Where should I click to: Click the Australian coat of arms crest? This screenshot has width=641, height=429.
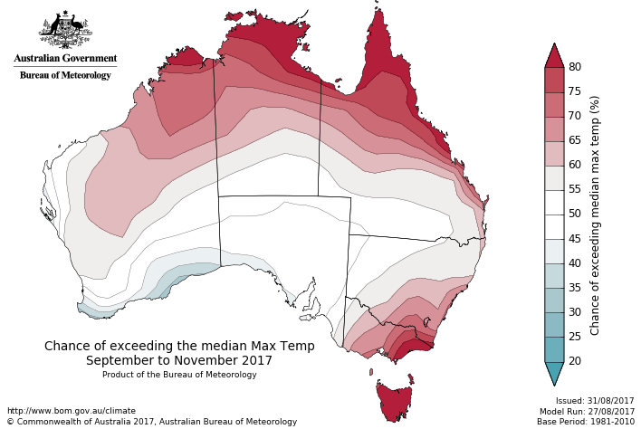point(65,29)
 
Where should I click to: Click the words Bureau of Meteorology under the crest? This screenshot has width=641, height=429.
point(65,75)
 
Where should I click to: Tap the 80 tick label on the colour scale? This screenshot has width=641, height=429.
point(574,67)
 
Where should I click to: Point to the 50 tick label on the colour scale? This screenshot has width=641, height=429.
point(574,214)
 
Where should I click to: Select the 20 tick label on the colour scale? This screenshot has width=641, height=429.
point(574,361)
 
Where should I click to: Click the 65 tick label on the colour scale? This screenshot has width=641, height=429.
point(574,140)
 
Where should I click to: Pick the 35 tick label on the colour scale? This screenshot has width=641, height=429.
point(574,288)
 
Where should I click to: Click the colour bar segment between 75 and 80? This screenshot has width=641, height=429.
point(554,80)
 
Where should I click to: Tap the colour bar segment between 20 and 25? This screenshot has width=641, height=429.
point(554,348)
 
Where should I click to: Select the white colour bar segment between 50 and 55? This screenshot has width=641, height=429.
point(554,202)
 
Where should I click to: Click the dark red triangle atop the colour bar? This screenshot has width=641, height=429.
point(554,56)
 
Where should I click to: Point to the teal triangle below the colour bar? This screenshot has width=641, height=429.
point(554,372)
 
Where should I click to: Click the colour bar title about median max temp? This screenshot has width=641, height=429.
point(595,214)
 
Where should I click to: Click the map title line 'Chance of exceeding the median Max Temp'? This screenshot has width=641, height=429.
point(179,346)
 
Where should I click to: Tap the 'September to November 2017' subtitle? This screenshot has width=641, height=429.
point(179,360)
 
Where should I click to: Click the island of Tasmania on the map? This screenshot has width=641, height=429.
point(396,401)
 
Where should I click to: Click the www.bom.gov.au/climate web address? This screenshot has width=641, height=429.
point(72,411)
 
